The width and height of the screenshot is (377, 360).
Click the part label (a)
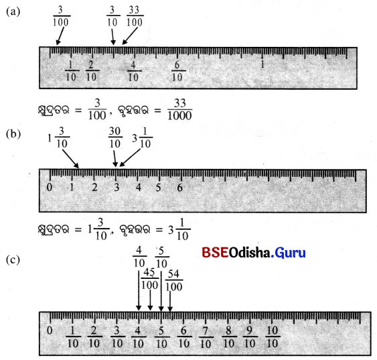[13, 12]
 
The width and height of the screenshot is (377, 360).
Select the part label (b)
[13, 134]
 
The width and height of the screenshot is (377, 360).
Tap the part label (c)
[13, 260]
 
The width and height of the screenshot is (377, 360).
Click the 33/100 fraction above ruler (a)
[135, 16]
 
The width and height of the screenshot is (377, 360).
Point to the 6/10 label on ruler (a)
[177, 71]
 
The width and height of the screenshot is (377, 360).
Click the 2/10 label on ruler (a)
[92, 71]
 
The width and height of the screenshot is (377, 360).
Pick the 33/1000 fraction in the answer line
[180, 109]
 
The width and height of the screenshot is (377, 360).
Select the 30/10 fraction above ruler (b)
[115, 137]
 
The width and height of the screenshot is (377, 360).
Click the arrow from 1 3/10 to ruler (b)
[71, 159]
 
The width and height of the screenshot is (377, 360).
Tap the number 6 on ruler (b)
[180, 188]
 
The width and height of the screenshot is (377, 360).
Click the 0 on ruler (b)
[50, 187]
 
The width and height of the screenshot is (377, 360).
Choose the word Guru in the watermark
[290, 253]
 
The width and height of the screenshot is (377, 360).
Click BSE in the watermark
[215, 253]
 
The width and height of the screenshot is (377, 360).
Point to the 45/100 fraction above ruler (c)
[150, 279]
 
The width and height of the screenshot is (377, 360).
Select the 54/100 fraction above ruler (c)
[174, 280]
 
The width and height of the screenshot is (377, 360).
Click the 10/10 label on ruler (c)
[273, 337]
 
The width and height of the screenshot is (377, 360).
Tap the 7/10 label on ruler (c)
[206, 337]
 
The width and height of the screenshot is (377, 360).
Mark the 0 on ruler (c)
[50, 330]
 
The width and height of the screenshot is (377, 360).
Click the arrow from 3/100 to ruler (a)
[60, 36]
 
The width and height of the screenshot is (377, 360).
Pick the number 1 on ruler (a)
[262, 64]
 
